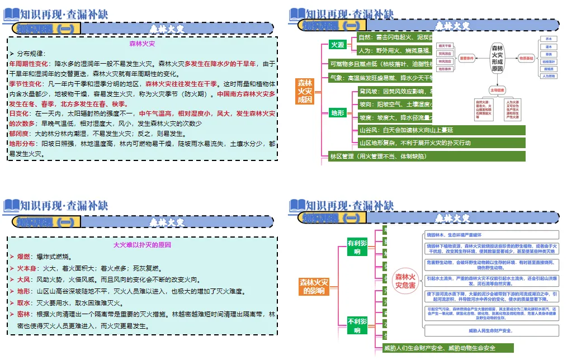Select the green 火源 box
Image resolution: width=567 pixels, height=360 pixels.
(x=337, y=45)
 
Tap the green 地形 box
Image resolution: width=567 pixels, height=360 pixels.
(x=337, y=113)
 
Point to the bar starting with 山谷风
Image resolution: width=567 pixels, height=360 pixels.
(x=442, y=130)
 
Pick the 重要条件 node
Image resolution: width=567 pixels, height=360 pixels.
(x=466, y=58)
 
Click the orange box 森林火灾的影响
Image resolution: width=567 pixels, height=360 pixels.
(x=314, y=286)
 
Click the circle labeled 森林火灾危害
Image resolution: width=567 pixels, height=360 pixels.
(x=405, y=281)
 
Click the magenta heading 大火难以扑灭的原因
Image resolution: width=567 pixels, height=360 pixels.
(x=142, y=245)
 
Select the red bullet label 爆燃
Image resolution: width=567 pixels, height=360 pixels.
(x=23, y=257)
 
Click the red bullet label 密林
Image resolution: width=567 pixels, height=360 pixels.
(x=23, y=315)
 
